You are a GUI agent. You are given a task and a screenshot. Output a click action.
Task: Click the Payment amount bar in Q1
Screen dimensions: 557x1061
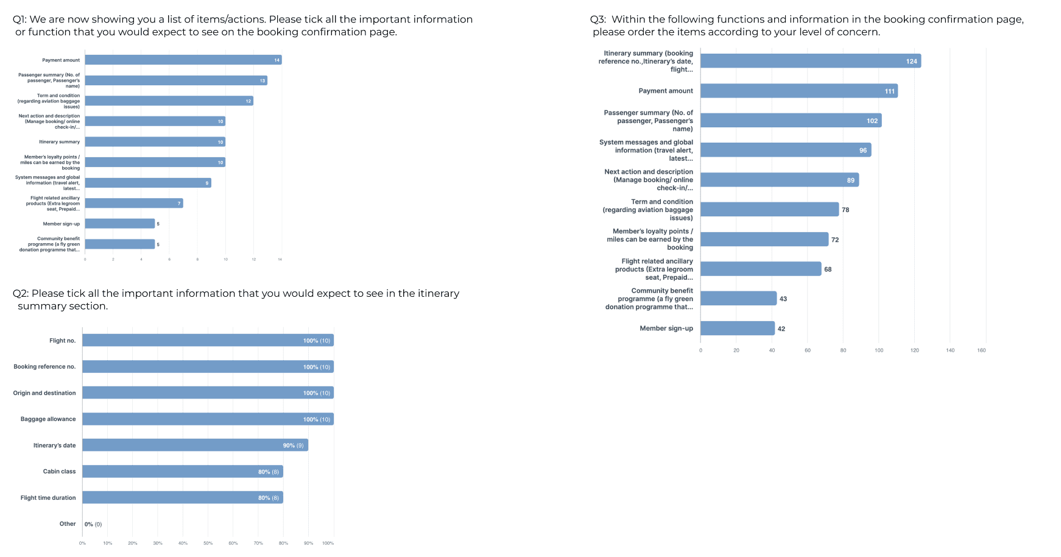(183, 60)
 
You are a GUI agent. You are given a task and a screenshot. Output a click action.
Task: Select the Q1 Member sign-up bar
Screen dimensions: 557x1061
(120, 224)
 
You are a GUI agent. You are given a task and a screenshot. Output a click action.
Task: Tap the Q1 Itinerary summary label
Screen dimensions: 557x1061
(60, 142)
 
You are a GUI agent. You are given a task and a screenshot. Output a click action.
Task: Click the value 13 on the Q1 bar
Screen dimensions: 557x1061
(263, 80)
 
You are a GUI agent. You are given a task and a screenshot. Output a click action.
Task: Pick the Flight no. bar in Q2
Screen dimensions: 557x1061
(208, 341)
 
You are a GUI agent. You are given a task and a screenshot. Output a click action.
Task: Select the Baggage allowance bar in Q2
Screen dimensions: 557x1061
(208, 419)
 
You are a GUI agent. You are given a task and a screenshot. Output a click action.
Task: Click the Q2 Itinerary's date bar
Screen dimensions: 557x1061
(195, 445)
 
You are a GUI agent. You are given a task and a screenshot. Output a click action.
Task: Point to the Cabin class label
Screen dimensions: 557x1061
(60, 472)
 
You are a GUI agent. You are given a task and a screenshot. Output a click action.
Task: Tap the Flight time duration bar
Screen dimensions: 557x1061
(183, 498)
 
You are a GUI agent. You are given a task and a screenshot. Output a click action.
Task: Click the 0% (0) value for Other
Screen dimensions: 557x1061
(93, 524)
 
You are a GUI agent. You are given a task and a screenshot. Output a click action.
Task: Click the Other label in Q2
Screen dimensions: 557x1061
(68, 524)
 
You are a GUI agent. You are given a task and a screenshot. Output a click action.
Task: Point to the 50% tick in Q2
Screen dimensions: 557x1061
(208, 543)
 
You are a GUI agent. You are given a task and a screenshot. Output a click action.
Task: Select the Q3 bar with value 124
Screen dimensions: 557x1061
(810, 61)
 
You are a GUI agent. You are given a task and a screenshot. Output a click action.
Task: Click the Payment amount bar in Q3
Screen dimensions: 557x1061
(798, 91)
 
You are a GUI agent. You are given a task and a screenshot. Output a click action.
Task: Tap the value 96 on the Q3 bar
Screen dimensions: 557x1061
(863, 151)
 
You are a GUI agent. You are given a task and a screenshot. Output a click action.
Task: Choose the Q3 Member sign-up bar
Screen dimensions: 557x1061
(738, 328)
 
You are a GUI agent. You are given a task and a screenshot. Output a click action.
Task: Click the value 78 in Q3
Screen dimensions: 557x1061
(845, 210)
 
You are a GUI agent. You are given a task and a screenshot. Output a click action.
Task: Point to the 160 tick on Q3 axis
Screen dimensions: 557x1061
(981, 350)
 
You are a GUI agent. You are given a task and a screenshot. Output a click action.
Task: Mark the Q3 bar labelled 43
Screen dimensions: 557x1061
(738, 299)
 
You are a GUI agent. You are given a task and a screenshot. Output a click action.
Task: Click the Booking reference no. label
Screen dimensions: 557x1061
(44, 367)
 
